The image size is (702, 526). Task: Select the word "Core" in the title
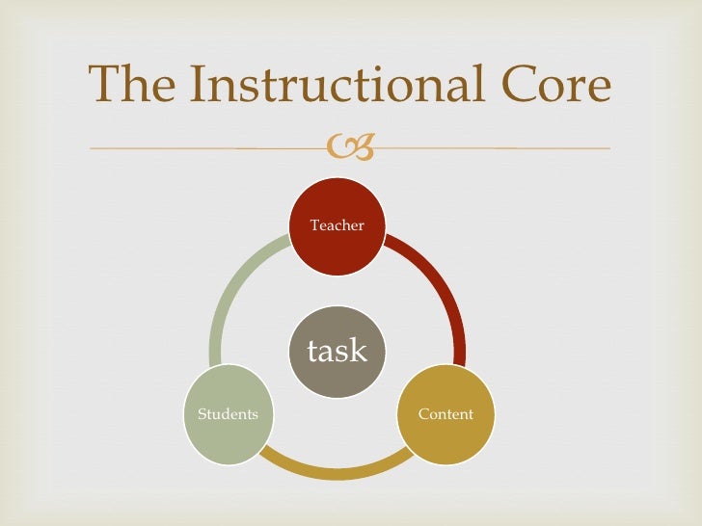point(563,87)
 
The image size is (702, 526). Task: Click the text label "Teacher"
point(337,225)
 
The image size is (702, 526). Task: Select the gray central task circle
point(337,351)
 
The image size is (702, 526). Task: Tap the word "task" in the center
point(337,352)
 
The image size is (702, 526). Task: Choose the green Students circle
point(229,414)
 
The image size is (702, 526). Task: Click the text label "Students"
point(229,414)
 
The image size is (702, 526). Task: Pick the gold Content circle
point(445,414)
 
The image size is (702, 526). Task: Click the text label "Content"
point(445,414)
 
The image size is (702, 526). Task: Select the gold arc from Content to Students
point(337,471)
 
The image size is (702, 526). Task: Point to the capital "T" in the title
point(103,87)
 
